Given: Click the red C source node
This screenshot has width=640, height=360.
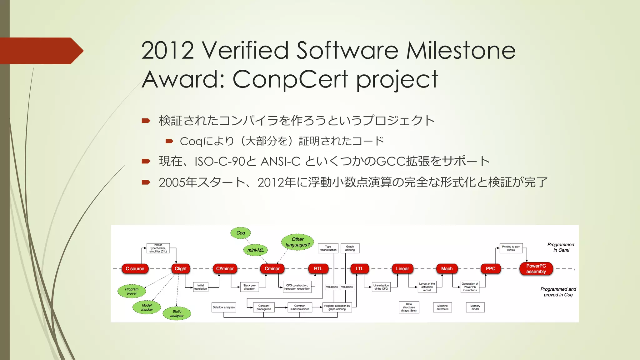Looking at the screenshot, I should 135,269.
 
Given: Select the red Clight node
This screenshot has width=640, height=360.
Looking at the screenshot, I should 181,269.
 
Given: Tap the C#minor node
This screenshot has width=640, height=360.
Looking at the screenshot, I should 225,269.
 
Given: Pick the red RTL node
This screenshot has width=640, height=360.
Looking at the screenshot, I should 318,269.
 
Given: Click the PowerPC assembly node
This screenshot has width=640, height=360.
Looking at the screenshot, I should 536,269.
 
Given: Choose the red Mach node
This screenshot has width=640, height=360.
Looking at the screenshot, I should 447,269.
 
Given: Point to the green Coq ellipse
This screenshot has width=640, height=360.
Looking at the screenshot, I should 241,233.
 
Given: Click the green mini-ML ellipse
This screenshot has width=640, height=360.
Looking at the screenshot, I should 256,250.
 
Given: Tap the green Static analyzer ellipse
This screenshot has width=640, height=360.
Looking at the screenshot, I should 177,313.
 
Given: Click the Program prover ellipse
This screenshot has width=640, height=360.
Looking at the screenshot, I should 132,291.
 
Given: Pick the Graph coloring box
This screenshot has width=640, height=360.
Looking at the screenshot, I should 350,248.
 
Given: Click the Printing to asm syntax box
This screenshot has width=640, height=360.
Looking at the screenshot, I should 511,248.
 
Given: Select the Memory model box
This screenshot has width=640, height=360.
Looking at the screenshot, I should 475,307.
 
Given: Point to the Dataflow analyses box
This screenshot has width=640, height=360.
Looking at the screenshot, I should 224,307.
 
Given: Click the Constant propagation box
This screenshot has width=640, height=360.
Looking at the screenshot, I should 264,307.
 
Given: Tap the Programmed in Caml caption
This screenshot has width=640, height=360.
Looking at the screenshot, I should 561,247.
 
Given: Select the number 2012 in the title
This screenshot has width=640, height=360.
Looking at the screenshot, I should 167,51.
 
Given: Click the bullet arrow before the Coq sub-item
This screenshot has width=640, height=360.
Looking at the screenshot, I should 169,141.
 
